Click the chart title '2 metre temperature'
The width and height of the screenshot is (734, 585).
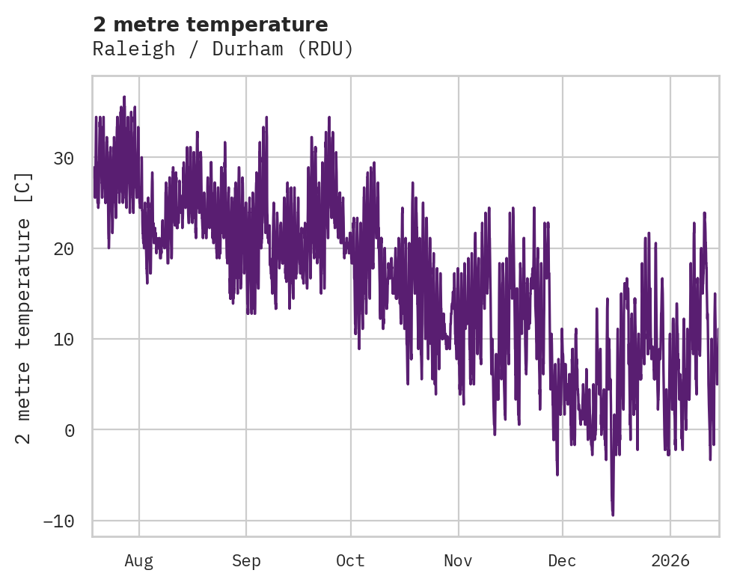click(210, 24)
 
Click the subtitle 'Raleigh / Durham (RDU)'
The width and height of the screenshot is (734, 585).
click(222, 49)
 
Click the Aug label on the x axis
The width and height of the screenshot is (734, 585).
click(138, 561)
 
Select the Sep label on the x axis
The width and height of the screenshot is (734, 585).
click(246, 561)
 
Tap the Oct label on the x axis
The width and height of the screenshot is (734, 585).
click(350, 561)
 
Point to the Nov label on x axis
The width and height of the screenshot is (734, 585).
click(458, 561)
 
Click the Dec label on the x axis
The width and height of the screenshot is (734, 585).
click(562, 561)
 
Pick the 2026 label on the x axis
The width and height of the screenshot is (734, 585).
click(670, 561)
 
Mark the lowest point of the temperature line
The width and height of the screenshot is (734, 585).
click(613, 515)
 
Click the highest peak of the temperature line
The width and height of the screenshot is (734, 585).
click(124, 97)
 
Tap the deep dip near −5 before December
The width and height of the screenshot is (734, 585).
click(557, 474)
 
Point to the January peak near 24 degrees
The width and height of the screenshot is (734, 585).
click(705, 212)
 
